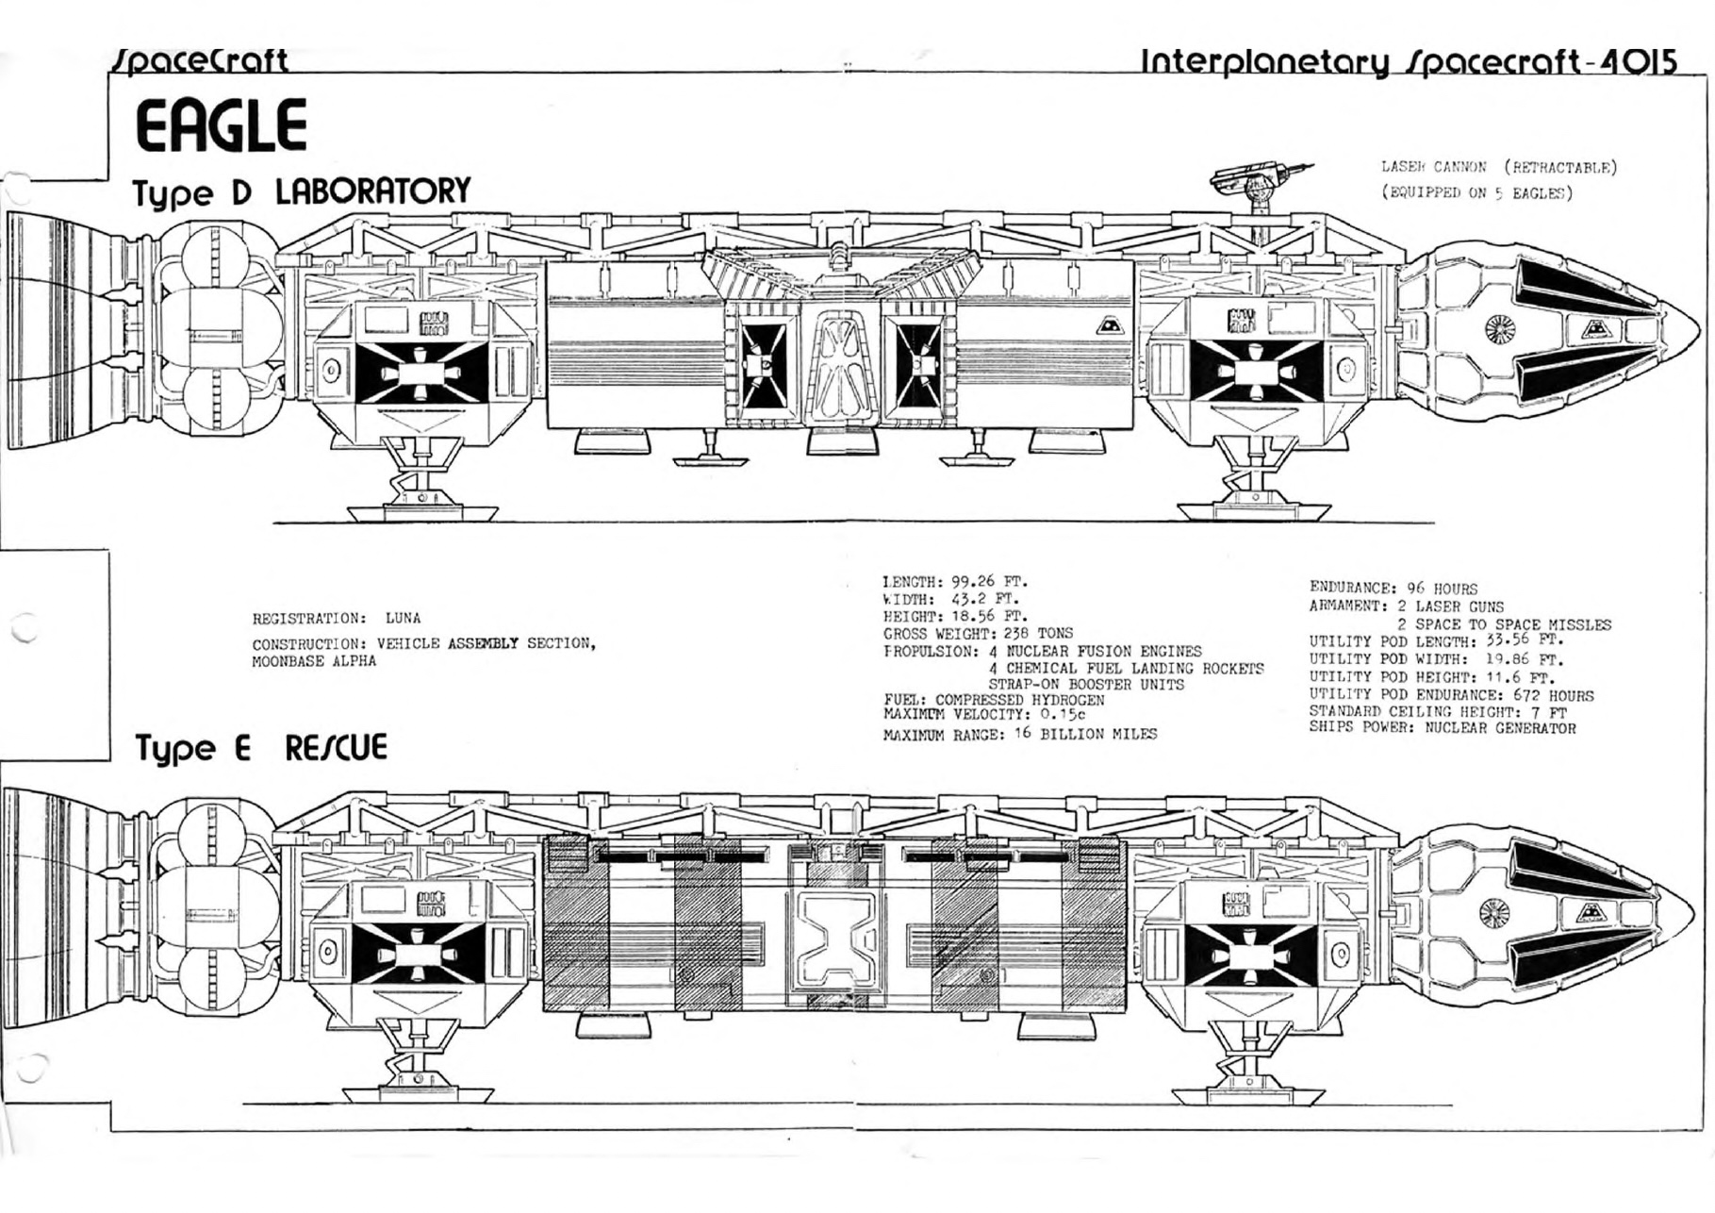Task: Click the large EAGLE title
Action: (x=222, y=125)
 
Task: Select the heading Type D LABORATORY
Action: (x=302, y=191)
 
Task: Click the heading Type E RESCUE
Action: (x=261, y=748)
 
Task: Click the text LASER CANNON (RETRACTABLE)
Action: (x=1498, y=168)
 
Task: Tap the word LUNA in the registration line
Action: (x=403, y=619)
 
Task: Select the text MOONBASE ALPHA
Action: (x=314, y=661)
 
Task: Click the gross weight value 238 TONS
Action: (x=1038, y=634)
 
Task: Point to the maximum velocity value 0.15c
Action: (x=1063, y=714)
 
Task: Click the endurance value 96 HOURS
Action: (x=1443, y=589)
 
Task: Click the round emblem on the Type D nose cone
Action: (x=1498, y=328)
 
